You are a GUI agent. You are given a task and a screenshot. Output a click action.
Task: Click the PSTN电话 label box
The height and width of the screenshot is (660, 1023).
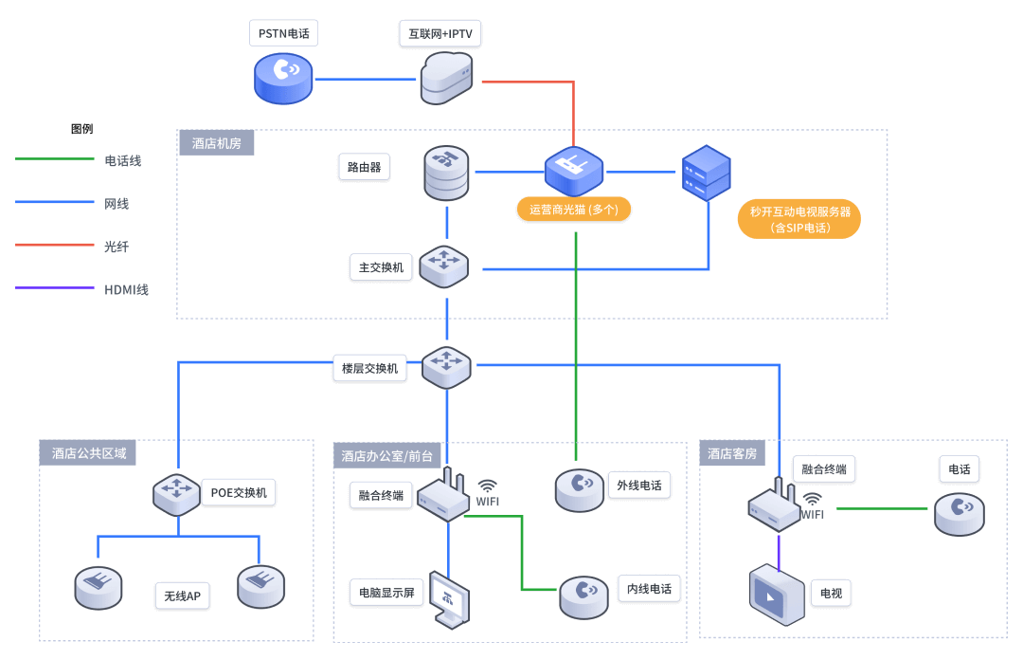283,34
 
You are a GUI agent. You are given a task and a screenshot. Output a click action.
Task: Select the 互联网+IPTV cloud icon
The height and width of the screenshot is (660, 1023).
446,78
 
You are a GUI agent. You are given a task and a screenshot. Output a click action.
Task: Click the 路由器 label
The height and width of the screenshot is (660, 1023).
364,168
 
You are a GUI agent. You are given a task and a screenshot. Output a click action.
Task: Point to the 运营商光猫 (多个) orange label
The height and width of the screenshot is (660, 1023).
574,209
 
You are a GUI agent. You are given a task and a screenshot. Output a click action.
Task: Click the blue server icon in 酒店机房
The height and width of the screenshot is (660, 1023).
707,172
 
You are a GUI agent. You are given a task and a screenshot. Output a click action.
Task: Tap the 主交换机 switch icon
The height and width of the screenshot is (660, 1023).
444,266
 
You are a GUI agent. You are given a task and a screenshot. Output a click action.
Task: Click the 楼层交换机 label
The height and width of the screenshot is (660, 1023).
369,368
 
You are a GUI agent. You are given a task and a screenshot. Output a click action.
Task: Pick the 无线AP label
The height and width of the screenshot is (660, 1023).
182,596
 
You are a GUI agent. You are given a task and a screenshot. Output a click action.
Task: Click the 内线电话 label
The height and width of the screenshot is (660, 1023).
649,589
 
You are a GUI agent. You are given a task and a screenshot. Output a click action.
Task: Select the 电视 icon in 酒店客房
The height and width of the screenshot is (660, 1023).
777,595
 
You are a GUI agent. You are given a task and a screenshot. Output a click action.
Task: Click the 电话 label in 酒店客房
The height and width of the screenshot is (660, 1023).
959,468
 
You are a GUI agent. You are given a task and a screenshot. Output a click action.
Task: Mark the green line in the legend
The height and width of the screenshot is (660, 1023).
55,159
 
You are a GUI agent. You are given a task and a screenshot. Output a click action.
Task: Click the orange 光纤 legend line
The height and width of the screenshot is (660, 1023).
55,245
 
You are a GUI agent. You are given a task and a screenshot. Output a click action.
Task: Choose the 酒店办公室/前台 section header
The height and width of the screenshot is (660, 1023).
386,456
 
